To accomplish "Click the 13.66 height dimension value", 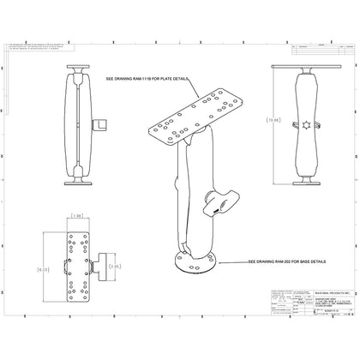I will pos(273,121).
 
